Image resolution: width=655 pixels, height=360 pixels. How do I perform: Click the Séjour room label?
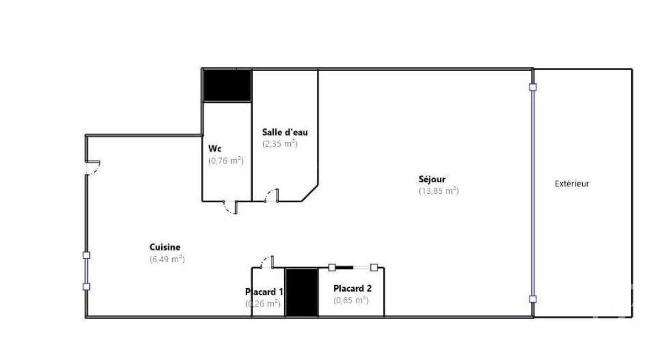coord(432,179)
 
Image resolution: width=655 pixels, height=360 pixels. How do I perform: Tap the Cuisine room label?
coord(164,247)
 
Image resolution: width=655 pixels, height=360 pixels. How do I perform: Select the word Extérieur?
coord(572,184)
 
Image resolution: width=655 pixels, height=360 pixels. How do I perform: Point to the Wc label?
coord(215,149)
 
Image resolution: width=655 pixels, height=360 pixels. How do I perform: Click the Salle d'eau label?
coord(285,132)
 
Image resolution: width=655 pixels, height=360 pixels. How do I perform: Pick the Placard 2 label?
coord(352,288)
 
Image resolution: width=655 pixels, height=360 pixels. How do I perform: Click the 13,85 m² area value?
coord(439,191)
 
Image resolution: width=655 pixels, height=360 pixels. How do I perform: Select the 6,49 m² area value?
coord(167,259)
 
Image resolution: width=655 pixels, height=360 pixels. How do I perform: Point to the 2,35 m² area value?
coord(280,144)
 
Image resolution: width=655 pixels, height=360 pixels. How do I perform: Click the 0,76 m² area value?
coord(226,161)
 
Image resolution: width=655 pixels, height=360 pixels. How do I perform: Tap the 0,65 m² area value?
coord(350,300)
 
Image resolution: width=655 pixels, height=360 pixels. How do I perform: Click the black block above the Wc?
coord(227,85)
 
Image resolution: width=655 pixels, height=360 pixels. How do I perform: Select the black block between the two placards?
coord(301,292)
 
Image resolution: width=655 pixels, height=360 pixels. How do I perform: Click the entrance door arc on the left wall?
coord(93,167)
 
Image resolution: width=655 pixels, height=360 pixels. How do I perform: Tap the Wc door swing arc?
coord(228,208)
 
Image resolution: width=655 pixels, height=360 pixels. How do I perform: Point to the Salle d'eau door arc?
coord(271,194)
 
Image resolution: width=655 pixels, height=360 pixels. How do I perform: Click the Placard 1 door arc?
coord(267,261)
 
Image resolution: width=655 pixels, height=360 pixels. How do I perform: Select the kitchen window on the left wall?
coord(86,271)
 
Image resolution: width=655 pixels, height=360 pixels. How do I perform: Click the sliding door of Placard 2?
coord(353,267)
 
